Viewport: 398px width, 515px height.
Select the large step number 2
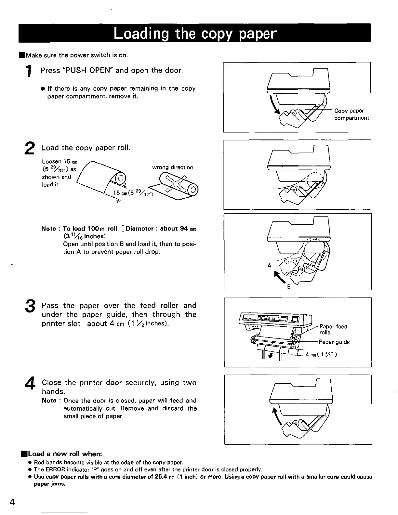tap(29, 149)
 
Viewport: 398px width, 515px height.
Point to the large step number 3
tap(30, 307)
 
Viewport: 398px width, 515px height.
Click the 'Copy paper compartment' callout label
tap(351, 114)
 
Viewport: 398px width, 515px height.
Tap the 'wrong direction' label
tap(172, 167)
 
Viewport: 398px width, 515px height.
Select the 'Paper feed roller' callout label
tap(333, 329)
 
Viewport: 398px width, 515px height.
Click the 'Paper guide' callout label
tap(334, 342)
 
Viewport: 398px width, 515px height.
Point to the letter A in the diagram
tap(269, 266)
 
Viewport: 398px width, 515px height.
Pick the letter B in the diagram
tap(288, 287)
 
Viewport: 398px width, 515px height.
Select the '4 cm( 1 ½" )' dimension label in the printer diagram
tap(321, 355)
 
